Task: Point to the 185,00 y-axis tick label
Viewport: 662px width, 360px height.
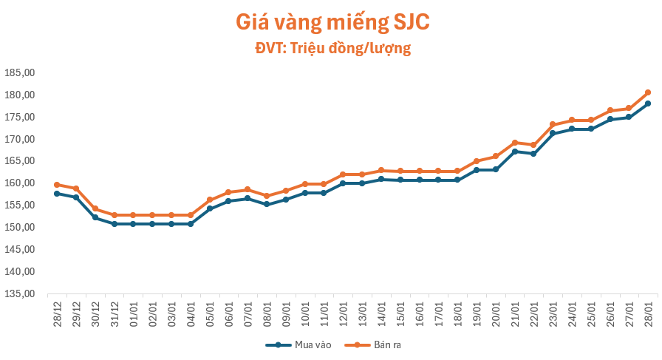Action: (20, 73)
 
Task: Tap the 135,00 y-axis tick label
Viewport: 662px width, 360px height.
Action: (20, 293)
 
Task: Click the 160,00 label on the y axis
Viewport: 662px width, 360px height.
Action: (20, 183)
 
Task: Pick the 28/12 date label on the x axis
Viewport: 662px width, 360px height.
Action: (57, 313)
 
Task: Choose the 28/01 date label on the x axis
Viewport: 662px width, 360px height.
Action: (648, 313)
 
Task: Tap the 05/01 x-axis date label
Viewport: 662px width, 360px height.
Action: (209, 313)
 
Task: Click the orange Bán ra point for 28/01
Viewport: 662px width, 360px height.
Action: (648, 92)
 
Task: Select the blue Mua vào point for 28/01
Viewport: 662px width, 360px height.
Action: (648, 103)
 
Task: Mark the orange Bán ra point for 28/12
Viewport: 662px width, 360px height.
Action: (57, 185)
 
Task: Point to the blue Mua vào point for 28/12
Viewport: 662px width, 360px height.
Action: (57, 194)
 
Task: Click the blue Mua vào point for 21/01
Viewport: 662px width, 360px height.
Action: (514, 152)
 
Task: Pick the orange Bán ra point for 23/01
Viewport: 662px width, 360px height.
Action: (553, 124)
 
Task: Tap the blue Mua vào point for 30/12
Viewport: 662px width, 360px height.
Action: (95, 217)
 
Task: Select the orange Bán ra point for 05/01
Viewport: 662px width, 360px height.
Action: (209, 200)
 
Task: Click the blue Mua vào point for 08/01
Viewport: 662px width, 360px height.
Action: (267, 204)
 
